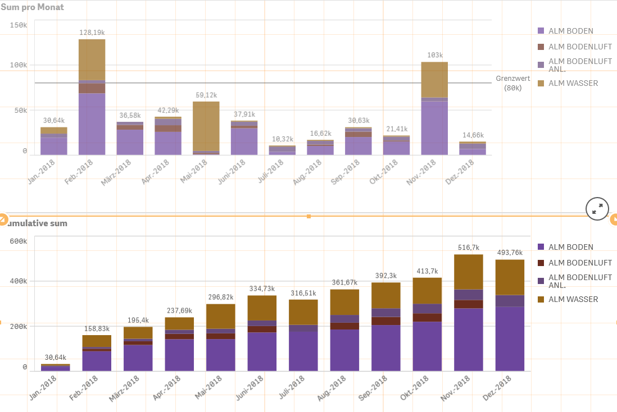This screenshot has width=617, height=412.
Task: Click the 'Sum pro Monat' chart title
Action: [33, 7]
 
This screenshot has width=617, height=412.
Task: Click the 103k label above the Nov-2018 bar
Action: [434, 55]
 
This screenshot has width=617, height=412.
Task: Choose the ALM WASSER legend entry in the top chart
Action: [573, 83]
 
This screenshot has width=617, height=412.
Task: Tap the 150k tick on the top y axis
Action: [18, 25]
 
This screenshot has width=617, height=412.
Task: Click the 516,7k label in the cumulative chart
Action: [469, 248]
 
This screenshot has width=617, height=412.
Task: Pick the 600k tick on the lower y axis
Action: [18, 241]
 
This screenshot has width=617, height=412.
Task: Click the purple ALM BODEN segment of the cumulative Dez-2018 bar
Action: [510, 338]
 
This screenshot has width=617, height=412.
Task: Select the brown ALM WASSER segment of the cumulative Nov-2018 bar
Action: [469, 272]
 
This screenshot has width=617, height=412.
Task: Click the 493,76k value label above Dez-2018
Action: [510, 253]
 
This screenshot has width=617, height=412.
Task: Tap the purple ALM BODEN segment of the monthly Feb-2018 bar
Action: [92, 123]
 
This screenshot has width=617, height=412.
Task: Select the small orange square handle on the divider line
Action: [308, 216]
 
